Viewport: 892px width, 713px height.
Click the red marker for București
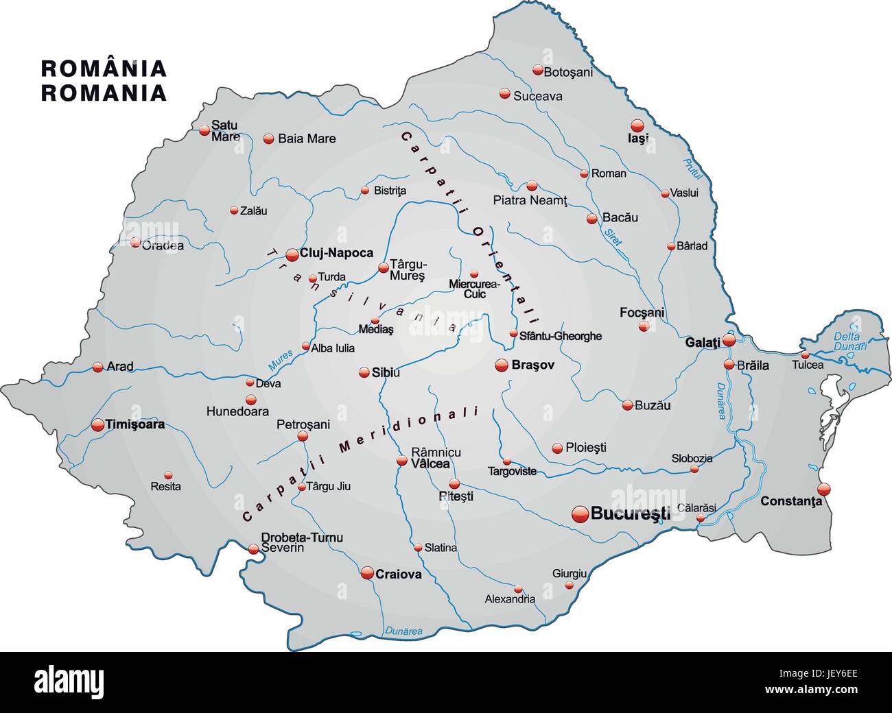pos(580,513)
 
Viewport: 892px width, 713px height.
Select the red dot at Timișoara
pos(97,424)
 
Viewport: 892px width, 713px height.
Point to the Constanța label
pos(790,501)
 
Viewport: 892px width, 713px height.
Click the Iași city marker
pos(637,126)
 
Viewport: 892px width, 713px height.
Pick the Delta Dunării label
pos(850,341)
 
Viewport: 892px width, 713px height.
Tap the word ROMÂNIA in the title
pos(104,69)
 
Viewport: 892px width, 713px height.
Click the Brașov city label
pos(533,365)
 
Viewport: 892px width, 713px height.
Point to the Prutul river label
pos(688,165)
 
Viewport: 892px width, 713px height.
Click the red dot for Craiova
pos(368,572)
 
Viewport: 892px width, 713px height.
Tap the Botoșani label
pos(568,71)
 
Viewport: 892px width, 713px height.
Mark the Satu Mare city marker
pos(204,130)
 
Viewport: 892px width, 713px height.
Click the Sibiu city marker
pos(364,373)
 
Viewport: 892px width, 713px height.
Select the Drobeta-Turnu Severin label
pos(302,542)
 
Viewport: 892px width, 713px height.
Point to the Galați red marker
pos(729,339)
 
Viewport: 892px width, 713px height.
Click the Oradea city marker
pos(135,242)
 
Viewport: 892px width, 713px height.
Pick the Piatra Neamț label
pos(530,200)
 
